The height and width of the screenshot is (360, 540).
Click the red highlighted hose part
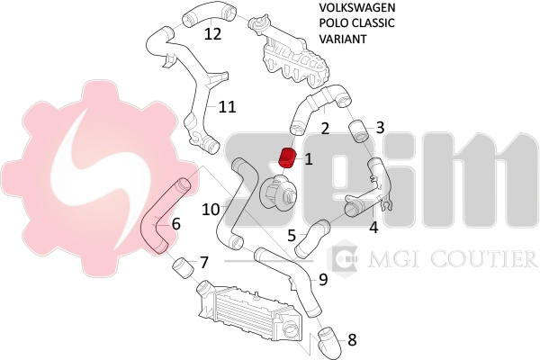point(288,158)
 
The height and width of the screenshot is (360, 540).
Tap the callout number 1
point(309,159)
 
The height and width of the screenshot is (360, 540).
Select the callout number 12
point(212,34)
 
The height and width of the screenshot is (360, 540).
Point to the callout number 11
point(227,106)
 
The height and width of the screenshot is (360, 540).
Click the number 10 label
point(211,209)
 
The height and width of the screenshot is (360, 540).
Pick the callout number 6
point(175,223)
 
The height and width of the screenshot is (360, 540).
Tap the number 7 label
point(204,263)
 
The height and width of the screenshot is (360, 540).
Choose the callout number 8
point(352,340)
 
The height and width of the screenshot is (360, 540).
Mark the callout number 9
point(322,279)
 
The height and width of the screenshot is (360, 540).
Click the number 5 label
point(292,236)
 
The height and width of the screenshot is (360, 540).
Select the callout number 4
point(373,228)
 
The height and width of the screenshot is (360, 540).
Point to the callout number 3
point(380,128)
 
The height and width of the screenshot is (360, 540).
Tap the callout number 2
point(325,128)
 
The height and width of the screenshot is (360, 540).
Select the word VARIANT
point(344,40)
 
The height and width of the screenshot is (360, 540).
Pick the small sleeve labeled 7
point(181,267)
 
